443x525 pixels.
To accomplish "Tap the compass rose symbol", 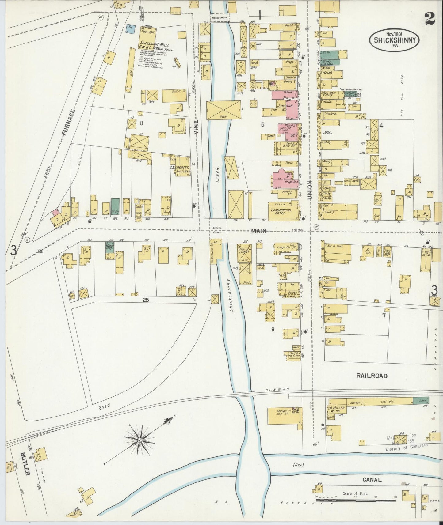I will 140,440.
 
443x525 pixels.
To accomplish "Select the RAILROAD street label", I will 372,376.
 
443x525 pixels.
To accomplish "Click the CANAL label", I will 372,480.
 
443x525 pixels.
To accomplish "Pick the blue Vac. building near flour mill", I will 131,29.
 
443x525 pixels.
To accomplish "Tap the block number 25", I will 146,300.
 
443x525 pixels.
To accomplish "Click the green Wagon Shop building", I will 110,247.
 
